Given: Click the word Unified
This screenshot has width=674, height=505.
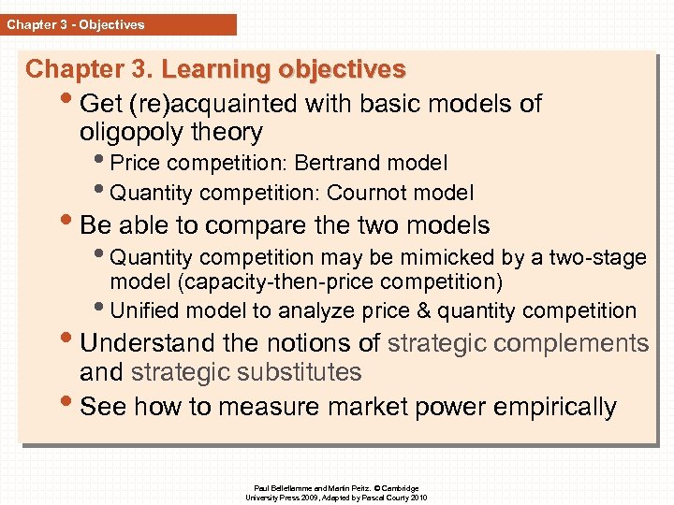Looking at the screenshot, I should pyautogui.click(x=141, y=310).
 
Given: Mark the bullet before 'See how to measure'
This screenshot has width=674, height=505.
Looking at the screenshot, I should pyautogui.click(x=69, y=406).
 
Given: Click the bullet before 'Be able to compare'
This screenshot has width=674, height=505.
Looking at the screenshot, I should pyautogui.click(x=69, y=225).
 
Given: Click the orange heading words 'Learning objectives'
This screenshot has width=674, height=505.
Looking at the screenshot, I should pyautogui.click(x=284, y=69).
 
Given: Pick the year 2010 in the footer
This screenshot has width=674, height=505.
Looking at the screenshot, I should pyautogui.click(x=418, y=498).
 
